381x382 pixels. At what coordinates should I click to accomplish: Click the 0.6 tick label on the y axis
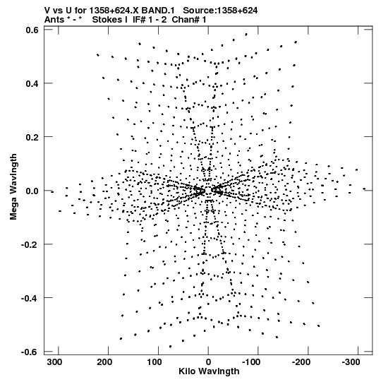tap(32, 30)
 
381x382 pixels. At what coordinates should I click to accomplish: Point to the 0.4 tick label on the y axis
tap(32, 83)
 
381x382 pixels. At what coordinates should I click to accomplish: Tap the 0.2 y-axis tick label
tap(32, 137)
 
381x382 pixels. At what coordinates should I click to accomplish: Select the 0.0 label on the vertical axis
tap(32, 191)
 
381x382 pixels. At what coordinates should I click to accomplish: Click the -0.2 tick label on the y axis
tap(30, 244)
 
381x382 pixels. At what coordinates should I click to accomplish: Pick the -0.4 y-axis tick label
tap(30, 298)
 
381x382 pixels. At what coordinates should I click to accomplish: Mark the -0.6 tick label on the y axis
tap(30, 352)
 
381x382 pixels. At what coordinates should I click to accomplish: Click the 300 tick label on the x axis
tap(55, 362)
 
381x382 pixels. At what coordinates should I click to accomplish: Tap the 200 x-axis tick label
tap(104, 362)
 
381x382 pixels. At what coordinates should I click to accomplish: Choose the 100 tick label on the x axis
tap(155, 362)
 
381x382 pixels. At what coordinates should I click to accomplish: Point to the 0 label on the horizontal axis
tap(208, 362)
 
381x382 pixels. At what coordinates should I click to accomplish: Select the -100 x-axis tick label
tap(251, 362)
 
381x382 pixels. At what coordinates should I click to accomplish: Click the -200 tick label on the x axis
tap(301, 362)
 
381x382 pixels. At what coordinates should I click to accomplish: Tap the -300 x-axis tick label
tap(351, 362)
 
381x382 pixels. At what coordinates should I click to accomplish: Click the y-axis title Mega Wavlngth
tap(13, 186)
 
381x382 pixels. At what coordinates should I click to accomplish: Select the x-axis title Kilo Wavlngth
tap(209, 371)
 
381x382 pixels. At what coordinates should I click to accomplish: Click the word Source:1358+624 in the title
tap(220, 11)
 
